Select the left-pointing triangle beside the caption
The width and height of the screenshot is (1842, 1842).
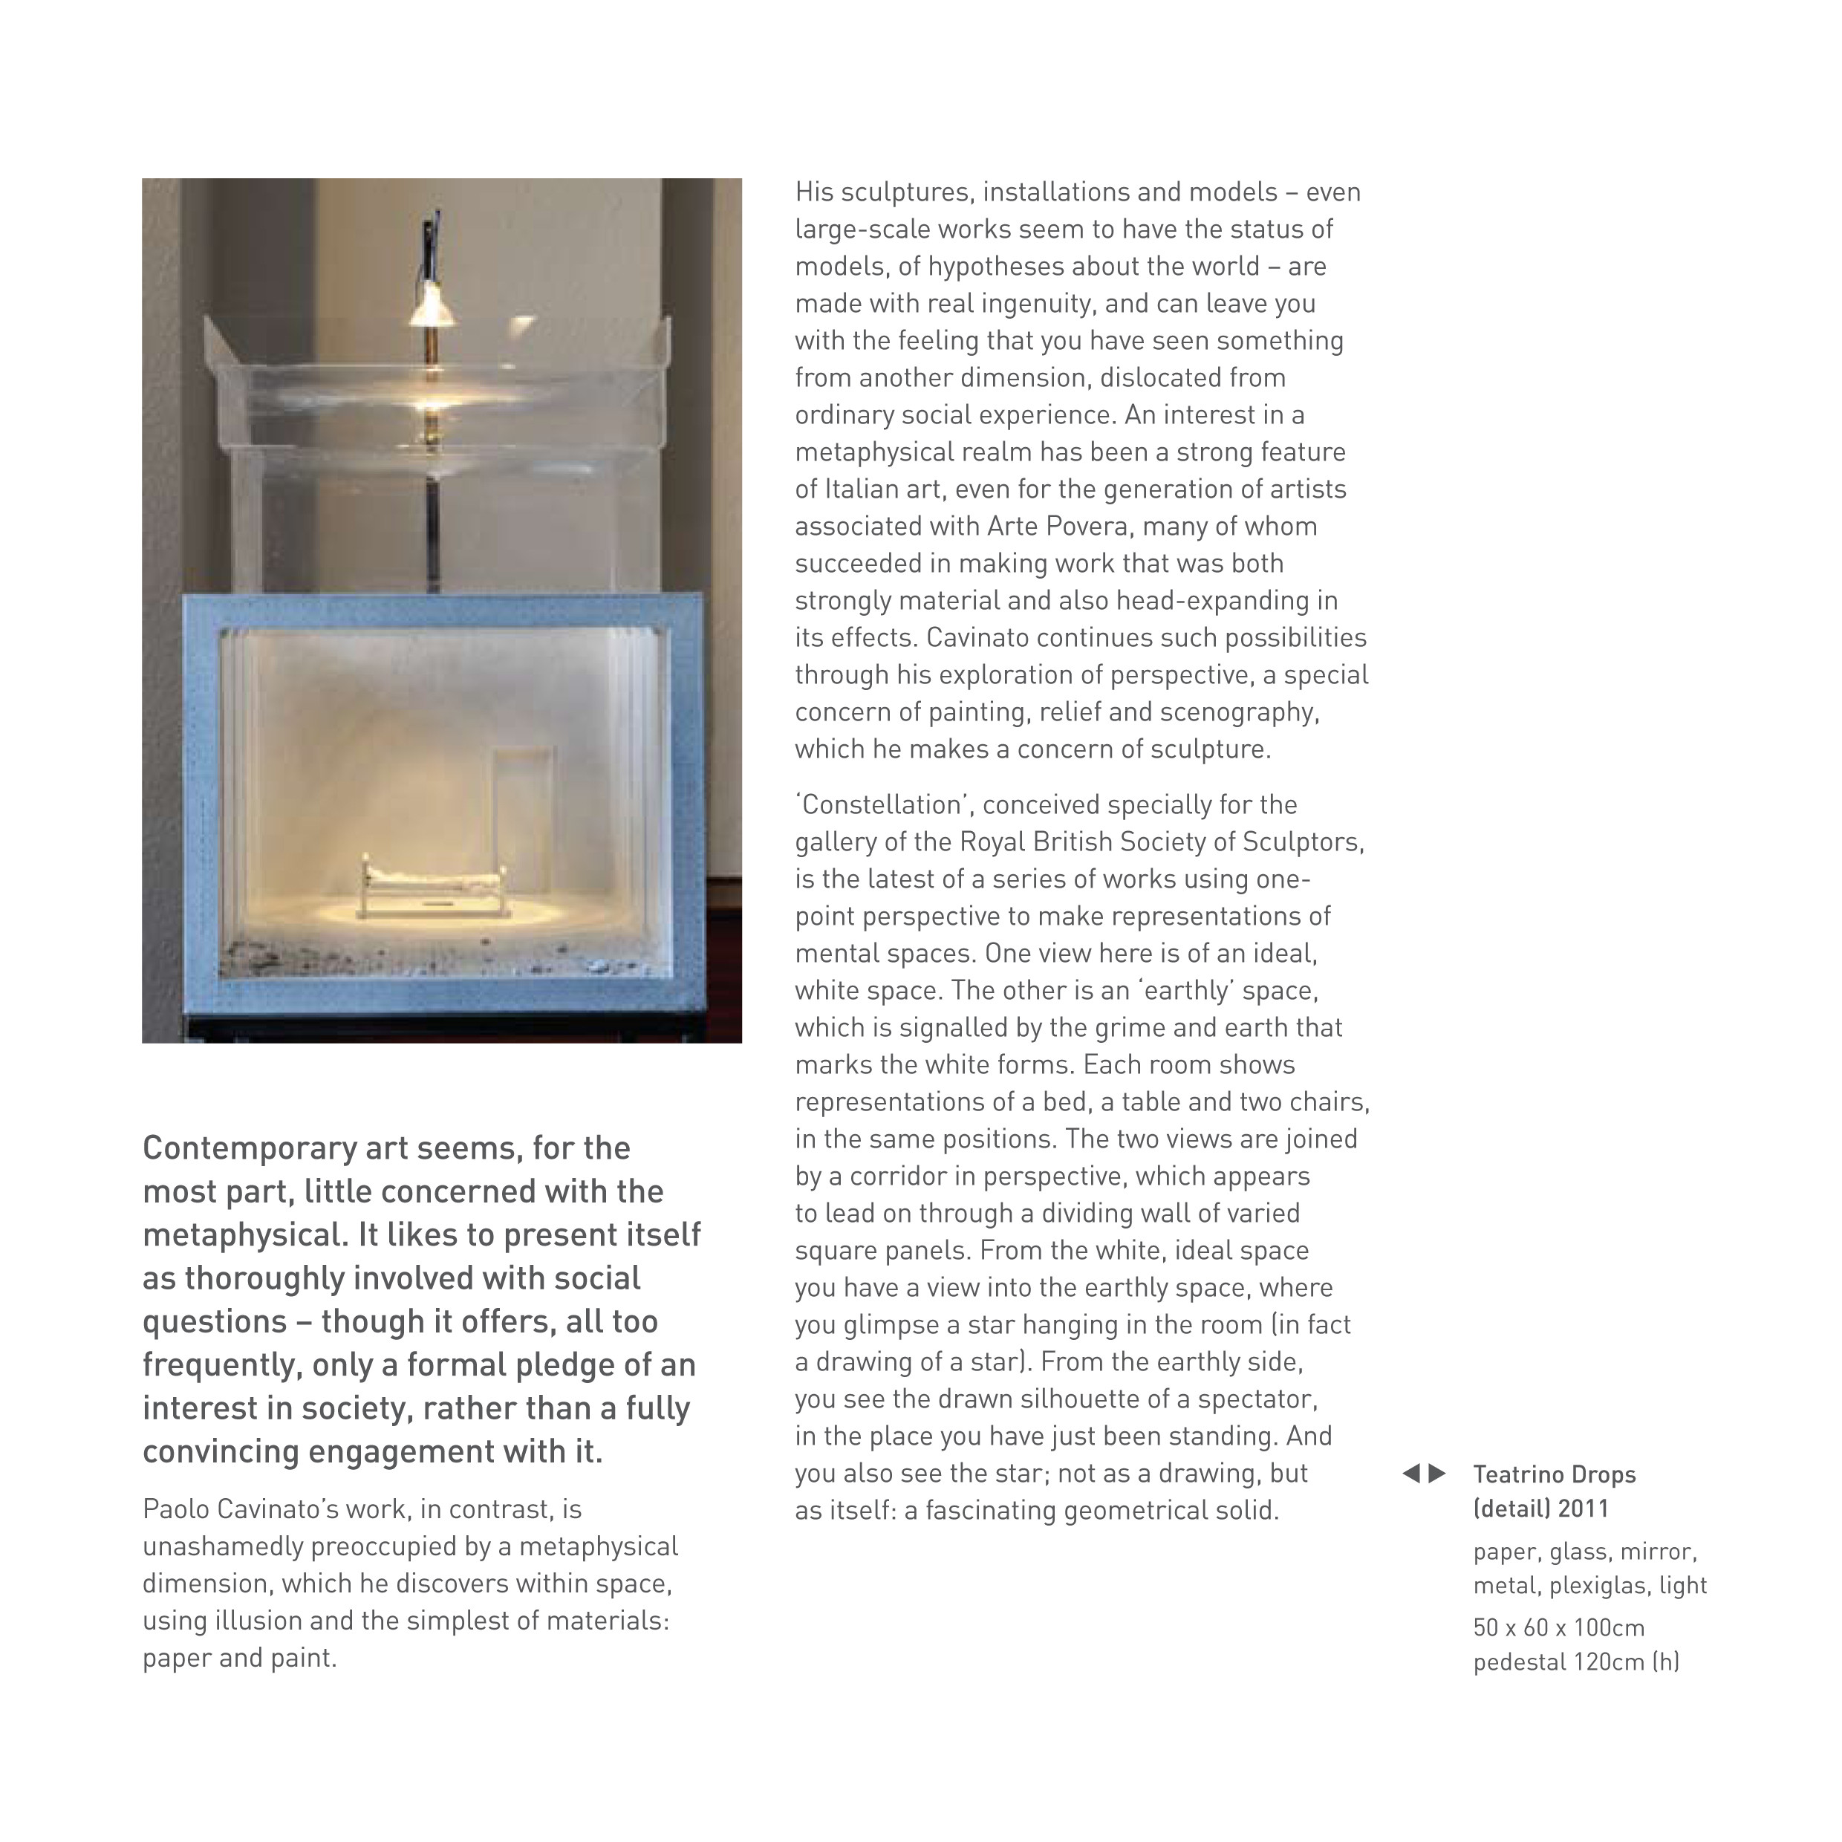1411,1474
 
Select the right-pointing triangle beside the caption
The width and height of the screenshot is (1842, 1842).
1436,1474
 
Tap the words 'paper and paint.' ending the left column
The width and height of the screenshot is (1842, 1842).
240,1658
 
